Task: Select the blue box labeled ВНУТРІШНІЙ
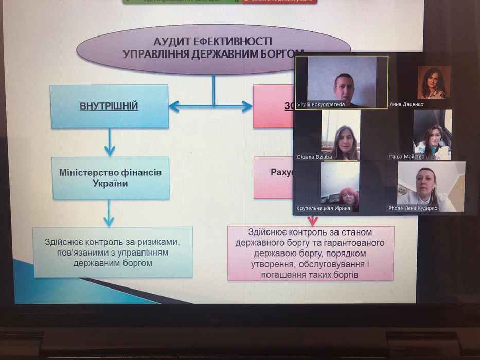pyautogui.click(x=109, y=106)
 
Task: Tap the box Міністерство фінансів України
pyautogui.click(x=111, y=178)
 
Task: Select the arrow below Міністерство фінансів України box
pyautogui.click(x=109, y=213)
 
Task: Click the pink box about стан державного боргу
pyautogui.click(x=311, y=253)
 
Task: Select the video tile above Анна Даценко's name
pyautogui.click(x=434, y=82)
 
